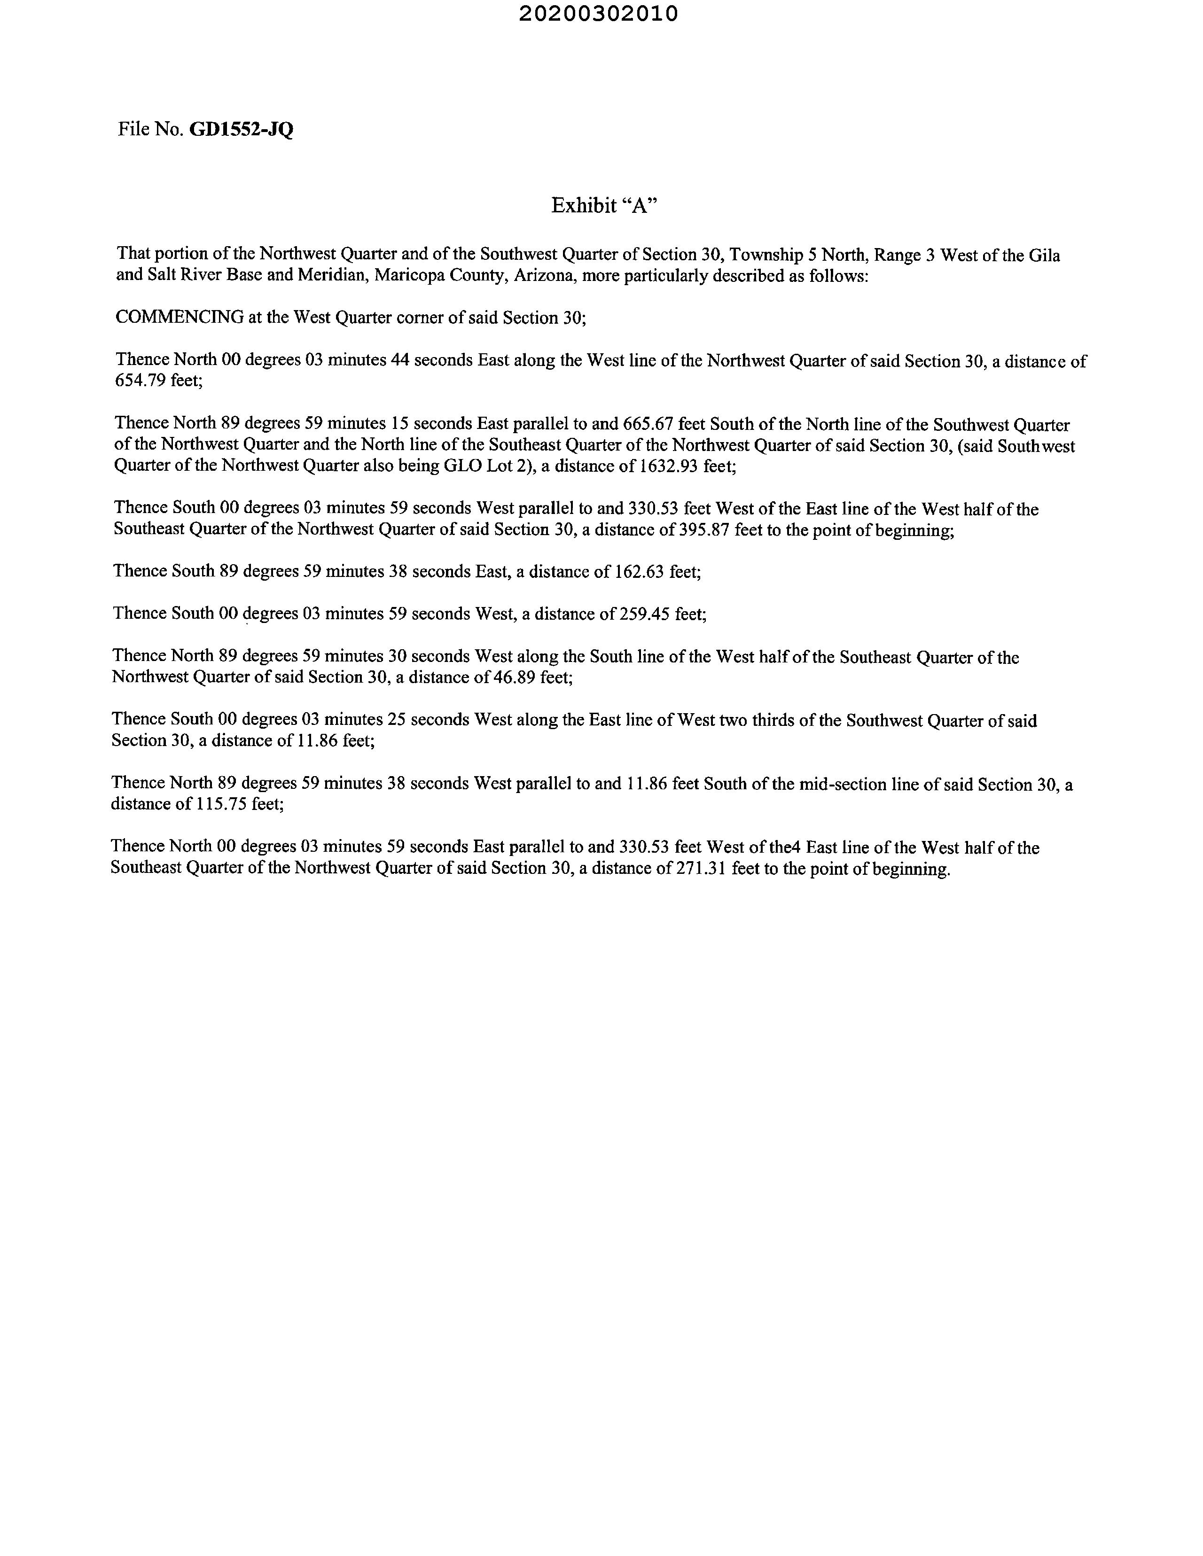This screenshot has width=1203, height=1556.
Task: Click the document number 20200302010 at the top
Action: click(x=599, y=14)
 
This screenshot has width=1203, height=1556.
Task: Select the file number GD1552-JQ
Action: click(x=241, y=130)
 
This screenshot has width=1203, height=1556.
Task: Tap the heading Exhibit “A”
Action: click(x=604, y=205)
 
